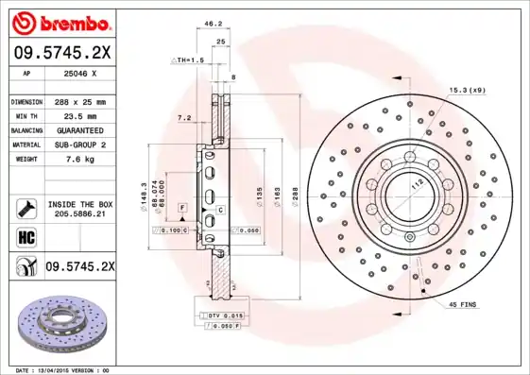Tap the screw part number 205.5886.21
tap(77, 215)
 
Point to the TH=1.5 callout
tap(188, 60)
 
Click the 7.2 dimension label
tap(183, 118)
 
